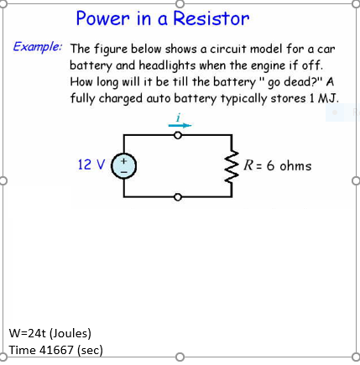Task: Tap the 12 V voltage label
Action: click(91, 164)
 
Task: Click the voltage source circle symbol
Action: click(123, 165)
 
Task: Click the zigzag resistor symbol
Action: click(227, 165)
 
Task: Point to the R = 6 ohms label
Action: click(277, 165)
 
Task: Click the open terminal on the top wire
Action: click(176, 134)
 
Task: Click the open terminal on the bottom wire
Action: click(176, 196)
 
